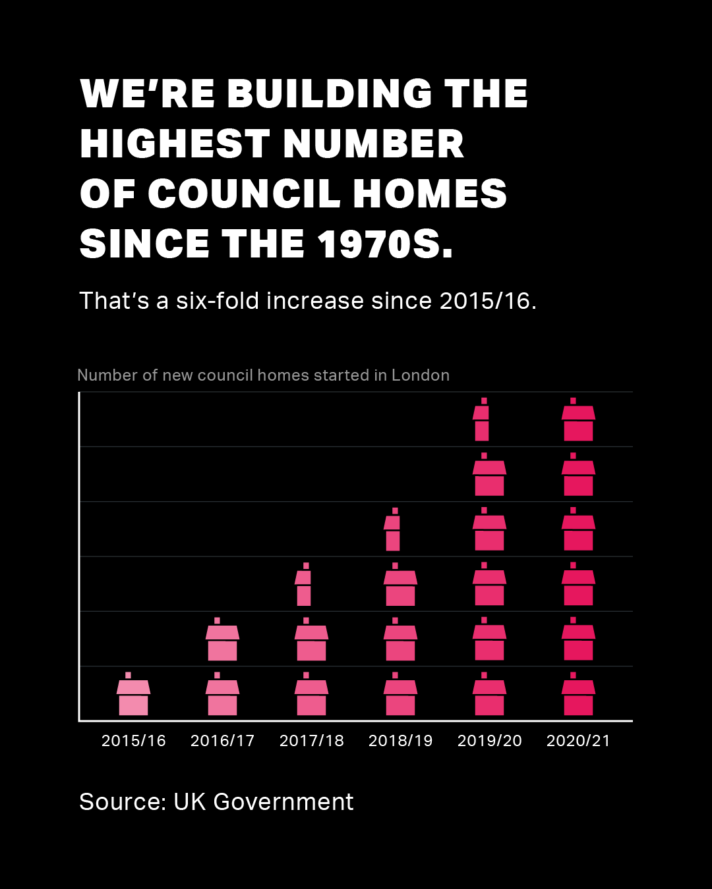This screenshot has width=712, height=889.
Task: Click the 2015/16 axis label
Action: (x=133, y=741)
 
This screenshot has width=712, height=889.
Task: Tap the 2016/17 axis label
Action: (x=222, y=741)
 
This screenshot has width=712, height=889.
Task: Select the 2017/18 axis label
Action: (x=311, y=741)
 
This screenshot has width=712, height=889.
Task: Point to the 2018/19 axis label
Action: (x=400, y=741)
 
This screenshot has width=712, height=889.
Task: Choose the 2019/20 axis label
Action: (x=489, y=741)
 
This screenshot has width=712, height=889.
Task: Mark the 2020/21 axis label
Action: (x=578, y=741)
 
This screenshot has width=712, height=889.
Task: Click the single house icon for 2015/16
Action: (x=133, y=698)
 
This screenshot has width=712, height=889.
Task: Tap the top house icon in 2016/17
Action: (x=222, y=643)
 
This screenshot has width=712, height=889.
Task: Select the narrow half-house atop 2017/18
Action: (x=303, y=588)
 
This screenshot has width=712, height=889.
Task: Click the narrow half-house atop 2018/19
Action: (x=392, y=533)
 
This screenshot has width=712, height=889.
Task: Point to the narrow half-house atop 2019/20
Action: (x=481, y=423)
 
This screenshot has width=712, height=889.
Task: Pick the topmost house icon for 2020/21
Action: (x=578, y=423)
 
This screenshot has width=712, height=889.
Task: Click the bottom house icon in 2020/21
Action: (x=578, y=698)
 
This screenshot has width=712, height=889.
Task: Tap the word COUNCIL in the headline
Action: (x=244, y=194)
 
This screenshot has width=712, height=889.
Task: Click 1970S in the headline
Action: (x=385, y=244)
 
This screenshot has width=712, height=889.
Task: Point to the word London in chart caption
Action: (x=421, y=375)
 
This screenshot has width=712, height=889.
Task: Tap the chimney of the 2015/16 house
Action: (x=128, y=675)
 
